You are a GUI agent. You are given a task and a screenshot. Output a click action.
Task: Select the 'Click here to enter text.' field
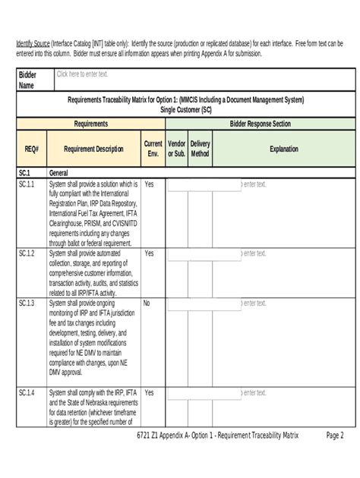click(82, 74)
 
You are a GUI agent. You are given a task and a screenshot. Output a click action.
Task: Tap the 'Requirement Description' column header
click(94, 149)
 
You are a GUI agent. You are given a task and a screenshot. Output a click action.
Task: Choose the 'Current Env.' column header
click(153, 149)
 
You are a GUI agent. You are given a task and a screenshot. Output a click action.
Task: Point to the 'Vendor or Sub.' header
click(176, 149)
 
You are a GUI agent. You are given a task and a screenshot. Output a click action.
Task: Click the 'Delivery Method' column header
click(201, 149)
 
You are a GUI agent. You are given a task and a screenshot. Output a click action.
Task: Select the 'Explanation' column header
click(283, 149)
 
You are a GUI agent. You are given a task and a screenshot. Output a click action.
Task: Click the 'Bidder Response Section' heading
click(260, 124)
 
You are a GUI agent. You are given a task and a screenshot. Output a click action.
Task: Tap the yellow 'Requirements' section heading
click(90, 124)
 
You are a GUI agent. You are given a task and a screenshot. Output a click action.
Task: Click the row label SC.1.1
click(27, 184)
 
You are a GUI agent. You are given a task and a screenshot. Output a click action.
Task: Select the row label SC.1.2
click(27, 253)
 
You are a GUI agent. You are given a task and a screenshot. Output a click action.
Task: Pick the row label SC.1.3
click(27, 303)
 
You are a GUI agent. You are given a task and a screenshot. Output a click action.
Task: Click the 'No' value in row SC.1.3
click(147, 303)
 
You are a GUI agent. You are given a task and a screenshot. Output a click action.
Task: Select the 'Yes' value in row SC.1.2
click(149, 253)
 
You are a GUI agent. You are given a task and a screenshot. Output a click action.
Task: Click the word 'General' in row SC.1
click(61, 173)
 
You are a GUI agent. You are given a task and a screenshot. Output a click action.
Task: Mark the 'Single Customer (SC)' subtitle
click(185, 109)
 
